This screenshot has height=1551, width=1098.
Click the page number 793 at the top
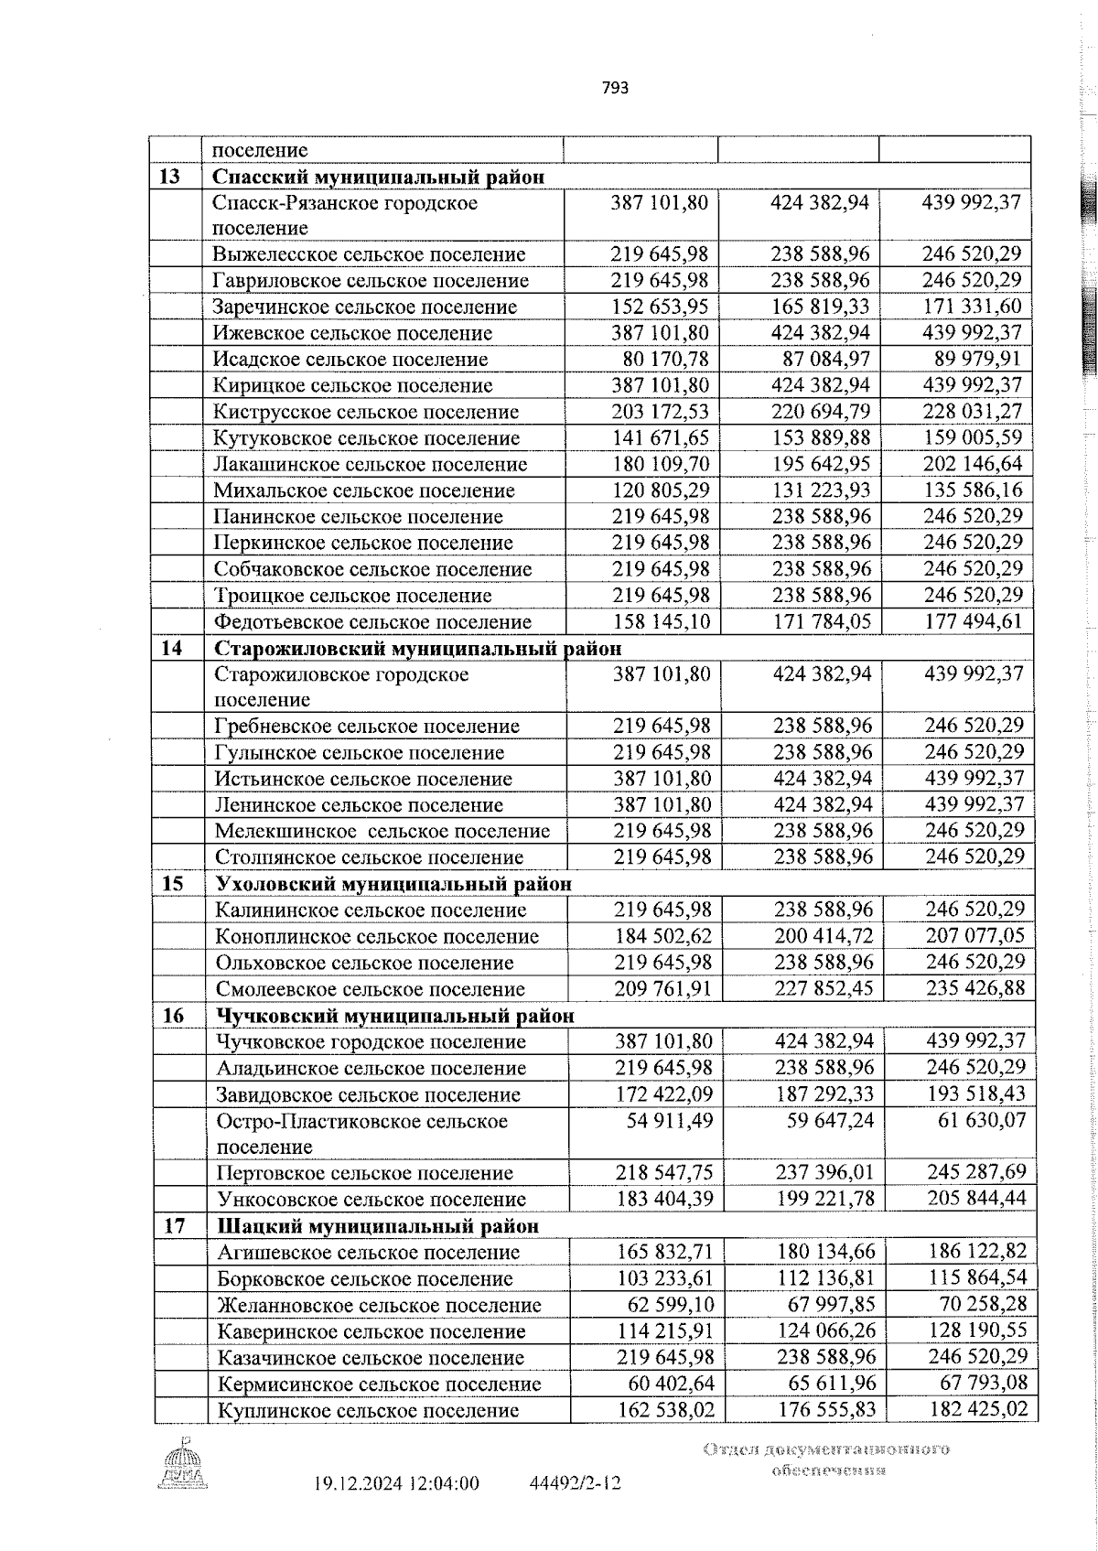(x=616, y=89)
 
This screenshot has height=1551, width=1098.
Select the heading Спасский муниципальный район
(x=379, y=177)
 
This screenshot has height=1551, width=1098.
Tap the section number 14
(x=171, y=649)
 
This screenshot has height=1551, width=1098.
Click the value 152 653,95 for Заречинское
(x=659, y=307)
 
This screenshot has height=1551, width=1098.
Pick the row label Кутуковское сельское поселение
(x=367, y=438)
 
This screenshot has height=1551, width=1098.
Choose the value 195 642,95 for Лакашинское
(x=821, y=464)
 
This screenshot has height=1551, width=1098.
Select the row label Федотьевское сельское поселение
(x=372, y=622)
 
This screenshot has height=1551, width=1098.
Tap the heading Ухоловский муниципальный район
(x=394, y=884)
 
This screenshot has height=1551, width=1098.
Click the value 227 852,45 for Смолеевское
(x=823, y=989)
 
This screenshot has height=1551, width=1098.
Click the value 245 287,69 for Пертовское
(x=975, y=1173)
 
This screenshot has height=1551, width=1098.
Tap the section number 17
(x=174, y=1226)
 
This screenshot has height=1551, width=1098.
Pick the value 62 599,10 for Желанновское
(x=667, y=1305)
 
